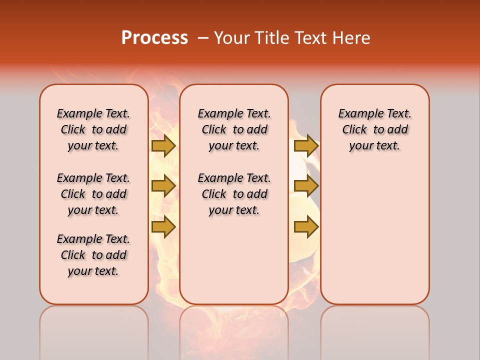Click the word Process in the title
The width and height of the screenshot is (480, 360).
tap(154, 38)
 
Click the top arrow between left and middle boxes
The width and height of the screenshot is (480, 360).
tap(163, 146)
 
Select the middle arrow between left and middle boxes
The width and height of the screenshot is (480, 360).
tap(163, 186)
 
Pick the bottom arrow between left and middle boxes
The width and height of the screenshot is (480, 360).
tap(163, 226)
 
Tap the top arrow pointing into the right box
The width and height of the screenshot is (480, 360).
tap(306, 146)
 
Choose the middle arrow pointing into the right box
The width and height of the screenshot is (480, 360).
tap(306, 186)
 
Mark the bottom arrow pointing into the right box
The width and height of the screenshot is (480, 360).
tap(306, 226)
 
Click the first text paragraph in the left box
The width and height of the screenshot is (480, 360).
tap(93, 129)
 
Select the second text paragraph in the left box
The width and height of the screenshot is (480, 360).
tap(93, 194)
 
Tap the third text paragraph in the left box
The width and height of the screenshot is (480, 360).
tap(93, 255)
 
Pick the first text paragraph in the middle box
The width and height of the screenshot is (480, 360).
tap(234, 129)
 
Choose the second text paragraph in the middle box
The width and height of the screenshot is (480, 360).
tap(234, 194)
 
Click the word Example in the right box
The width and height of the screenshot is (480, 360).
tap(355, 114)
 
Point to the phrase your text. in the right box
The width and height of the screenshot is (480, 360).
tap(374, 146)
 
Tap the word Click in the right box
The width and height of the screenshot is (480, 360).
tap(354, 130)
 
